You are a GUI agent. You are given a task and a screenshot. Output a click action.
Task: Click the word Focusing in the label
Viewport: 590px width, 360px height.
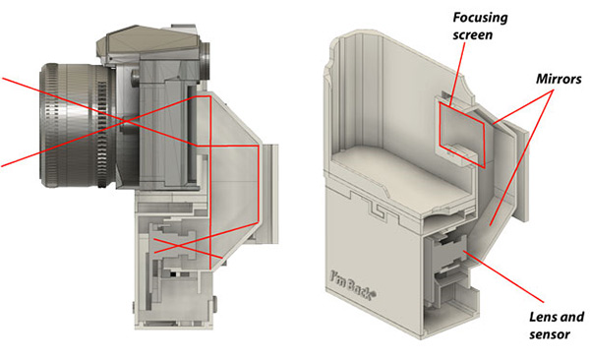point(480,18)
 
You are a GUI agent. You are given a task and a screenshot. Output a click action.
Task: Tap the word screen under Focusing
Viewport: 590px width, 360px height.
point(473,35)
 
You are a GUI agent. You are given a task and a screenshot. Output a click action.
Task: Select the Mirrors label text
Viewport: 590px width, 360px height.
point(559,79)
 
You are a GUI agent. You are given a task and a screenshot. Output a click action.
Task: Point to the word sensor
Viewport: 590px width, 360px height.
point(550,334)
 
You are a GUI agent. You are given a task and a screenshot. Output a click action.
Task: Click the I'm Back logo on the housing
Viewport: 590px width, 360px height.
point(352,285)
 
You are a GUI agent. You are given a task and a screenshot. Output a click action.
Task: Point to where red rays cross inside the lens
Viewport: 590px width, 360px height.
point(125,121)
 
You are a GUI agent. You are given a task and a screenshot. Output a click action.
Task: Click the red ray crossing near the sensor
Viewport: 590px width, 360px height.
point(176,246)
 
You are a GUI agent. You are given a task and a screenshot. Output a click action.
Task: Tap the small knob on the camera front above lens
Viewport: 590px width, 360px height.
point(135,78)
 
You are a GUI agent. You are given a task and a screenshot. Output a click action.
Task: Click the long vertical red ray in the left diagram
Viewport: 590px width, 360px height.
point(210,183)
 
